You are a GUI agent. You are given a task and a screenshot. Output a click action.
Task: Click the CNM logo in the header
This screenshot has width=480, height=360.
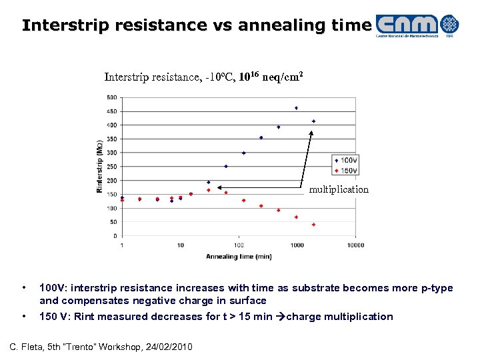(x=417, y=25)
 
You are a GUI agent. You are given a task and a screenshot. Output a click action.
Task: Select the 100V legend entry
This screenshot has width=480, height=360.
(x=347, y=161)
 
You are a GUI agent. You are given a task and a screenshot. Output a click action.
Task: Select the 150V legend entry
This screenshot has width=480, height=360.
(x=347, y=169)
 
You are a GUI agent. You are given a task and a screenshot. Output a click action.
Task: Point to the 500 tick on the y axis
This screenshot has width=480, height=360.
(x=111, y=97)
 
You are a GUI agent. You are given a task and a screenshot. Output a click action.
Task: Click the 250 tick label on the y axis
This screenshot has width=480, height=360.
(x=111, y=167)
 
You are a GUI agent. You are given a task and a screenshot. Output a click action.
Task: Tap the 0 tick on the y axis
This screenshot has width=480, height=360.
(x=115, y=236)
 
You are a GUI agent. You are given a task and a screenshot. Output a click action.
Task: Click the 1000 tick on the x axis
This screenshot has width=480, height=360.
(x=297, y=245)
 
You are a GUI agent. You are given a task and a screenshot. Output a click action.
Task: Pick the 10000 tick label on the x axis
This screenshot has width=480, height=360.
(x=355, y=245)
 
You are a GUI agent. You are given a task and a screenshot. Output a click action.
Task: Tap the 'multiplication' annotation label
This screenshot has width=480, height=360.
(x=339, y=190)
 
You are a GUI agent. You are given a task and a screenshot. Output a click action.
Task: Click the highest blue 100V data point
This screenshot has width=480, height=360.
(x=296, y=108)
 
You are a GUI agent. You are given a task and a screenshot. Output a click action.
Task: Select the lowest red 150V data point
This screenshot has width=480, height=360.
(x=313, y=225)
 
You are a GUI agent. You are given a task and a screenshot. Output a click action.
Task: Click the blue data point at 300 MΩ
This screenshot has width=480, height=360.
(x=243, y=153)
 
